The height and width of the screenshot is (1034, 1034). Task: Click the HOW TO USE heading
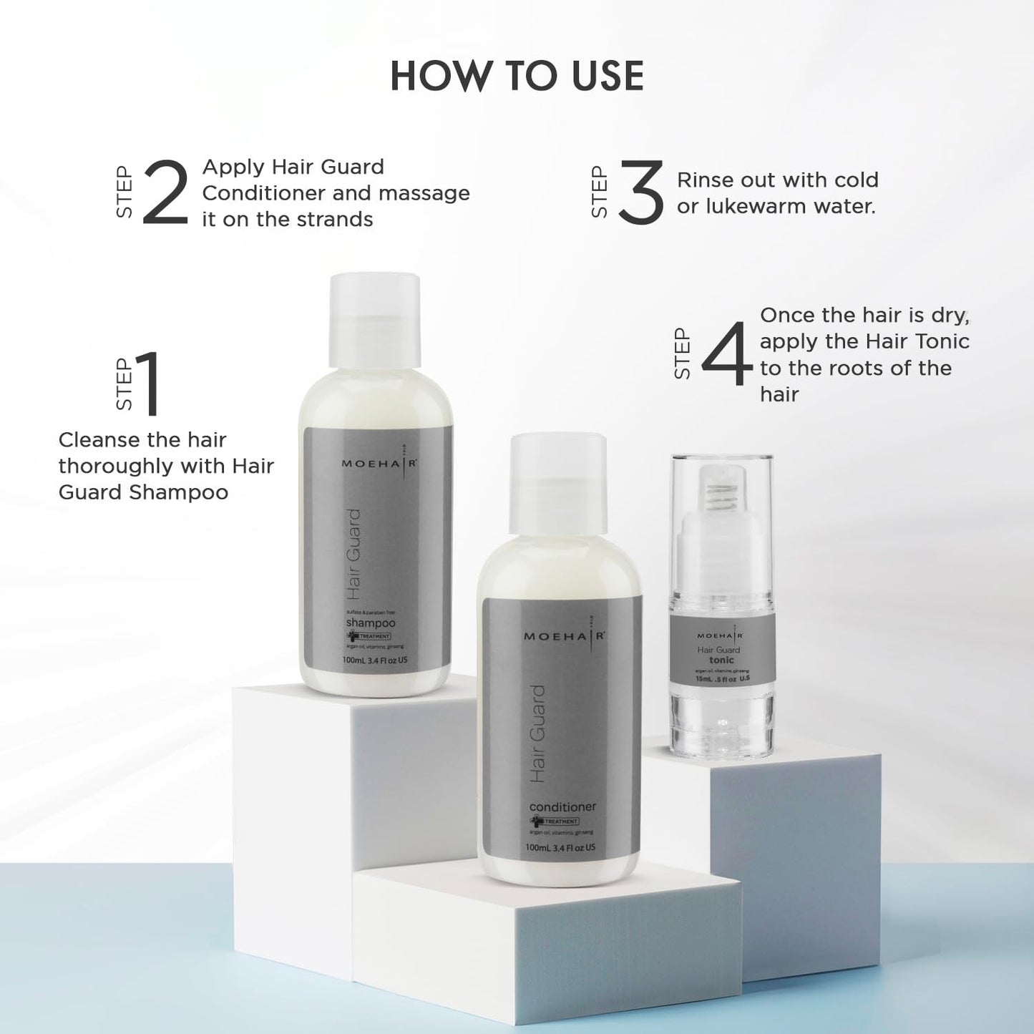pyautogui.click(x=517, y=76)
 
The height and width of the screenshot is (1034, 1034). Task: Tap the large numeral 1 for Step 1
pyautogui.click(x=148, y=384)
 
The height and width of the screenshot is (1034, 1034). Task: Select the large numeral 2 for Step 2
pyautogui.click(x=165, y=192)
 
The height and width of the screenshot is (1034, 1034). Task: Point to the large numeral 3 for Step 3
pyautogui.click(x=640, y=192)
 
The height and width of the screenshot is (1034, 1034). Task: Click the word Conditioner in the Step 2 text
pyautogui.click(x=261, y=193)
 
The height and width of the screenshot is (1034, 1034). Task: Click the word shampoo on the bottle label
pyautogui.click(x=370, y=623)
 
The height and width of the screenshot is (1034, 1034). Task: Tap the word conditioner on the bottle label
pyautogui.click(x=562, y=806)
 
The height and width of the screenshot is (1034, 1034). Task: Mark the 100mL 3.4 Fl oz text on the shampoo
pyautogui.click(x=374, y=660)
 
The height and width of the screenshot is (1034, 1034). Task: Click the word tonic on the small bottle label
pyautogui.click(x=721, y=660)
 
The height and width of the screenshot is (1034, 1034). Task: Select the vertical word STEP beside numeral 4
pyautogui.click(x=682, y=353)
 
